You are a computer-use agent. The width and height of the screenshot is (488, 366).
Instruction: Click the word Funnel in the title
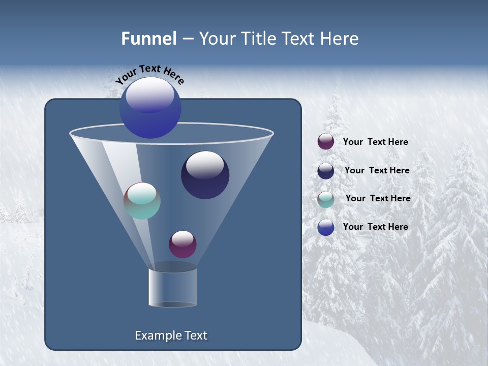(148, 39)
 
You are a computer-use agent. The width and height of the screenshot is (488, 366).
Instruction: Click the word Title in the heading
(258, 39)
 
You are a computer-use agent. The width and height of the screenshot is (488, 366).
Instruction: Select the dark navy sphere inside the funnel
(205, 175)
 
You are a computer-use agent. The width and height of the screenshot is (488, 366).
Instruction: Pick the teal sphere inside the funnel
(142, 201)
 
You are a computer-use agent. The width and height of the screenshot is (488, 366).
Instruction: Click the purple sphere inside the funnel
(182, 244)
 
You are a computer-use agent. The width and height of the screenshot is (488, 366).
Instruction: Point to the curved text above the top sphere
(149, 74)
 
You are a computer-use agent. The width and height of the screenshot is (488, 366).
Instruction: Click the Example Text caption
(171, 335)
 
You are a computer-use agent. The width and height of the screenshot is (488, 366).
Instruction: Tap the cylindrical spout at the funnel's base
(172, 287)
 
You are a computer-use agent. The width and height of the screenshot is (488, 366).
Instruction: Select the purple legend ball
(326, 141)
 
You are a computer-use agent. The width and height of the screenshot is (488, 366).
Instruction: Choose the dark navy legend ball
(326, 171)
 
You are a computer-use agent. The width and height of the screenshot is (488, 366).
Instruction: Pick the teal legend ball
(326, 199)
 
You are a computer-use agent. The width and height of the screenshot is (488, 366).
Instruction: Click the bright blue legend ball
(326, 227)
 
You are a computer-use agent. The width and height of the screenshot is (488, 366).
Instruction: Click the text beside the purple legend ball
(375, 142)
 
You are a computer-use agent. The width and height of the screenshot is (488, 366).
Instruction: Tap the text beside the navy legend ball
(377, 170)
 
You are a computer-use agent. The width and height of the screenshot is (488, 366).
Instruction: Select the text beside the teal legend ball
(378, 198)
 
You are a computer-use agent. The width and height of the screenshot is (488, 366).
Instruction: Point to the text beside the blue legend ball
(375, 227)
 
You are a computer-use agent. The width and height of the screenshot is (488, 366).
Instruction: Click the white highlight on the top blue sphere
(150, 95)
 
